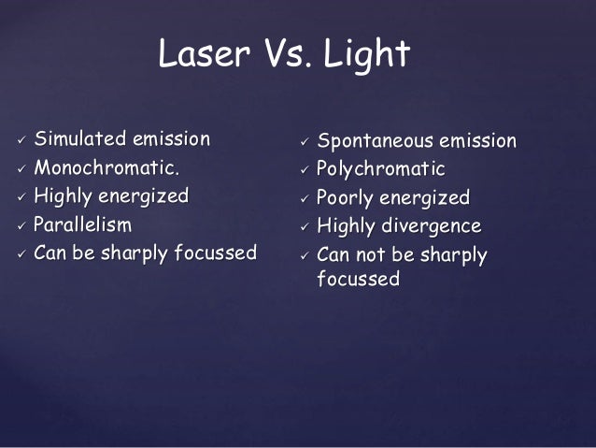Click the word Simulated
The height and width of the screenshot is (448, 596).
(80, 139)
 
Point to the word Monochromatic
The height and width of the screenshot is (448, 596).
(106, 168)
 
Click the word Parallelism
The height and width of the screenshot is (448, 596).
(83, 224)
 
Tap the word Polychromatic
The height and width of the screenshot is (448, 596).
(381, 169)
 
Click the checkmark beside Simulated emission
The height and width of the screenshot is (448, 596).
(21, 141)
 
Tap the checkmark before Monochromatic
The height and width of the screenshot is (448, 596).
(21, 169)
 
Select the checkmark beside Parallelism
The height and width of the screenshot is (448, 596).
(21, 225)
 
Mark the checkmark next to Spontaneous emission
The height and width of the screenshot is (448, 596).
(304, 143)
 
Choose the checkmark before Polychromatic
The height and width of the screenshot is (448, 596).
(304, 171)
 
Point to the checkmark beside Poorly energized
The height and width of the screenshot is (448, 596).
(304, 199)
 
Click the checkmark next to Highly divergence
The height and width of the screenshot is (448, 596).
(304, 227)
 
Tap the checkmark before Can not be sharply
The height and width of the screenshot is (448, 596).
(304, 255)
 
